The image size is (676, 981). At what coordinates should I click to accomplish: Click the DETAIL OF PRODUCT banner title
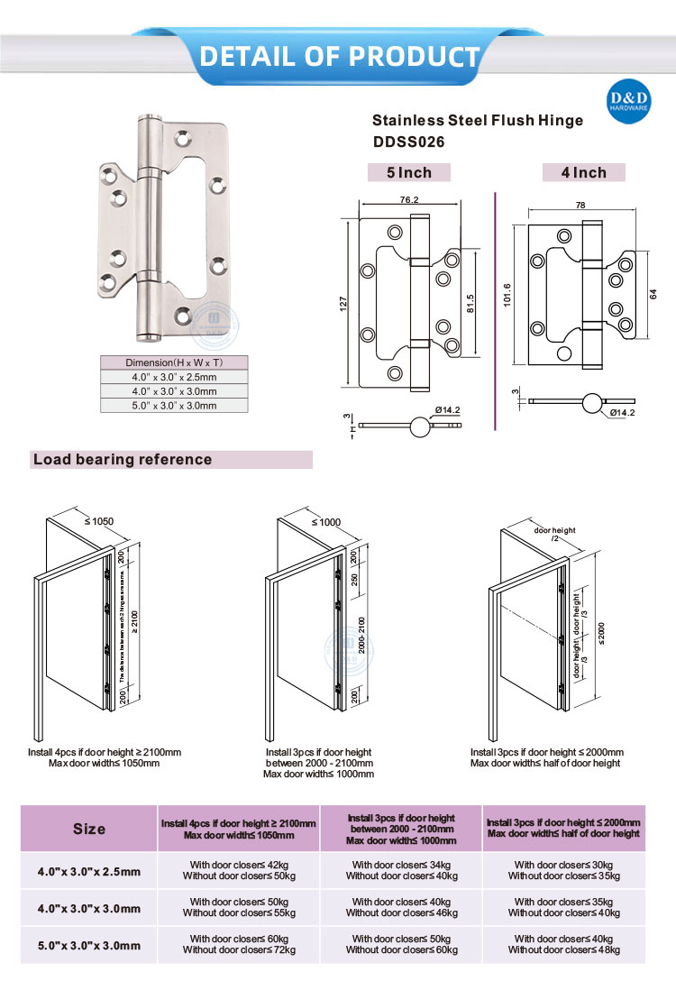click(x=339, y=56)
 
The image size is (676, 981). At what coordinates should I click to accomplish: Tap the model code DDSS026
click(x=409, y=142)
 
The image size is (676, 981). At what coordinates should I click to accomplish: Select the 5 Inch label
click(x=408, y=172)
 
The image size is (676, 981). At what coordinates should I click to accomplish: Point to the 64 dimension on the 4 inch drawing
click(x=653, y=292)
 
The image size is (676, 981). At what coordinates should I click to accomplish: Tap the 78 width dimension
click(x=580, y=206)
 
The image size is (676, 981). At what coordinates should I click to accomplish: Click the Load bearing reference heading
click(x=123, y=460)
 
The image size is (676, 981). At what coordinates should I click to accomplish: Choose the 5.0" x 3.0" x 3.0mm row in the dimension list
click(x=171, y=406)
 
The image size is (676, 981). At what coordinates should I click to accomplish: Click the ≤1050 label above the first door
click(x=99, y=521)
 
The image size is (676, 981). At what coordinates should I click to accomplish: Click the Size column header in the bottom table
click(x=89, y=829)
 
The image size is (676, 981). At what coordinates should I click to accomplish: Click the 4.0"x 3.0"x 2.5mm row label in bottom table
click(x=89, y=871)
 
